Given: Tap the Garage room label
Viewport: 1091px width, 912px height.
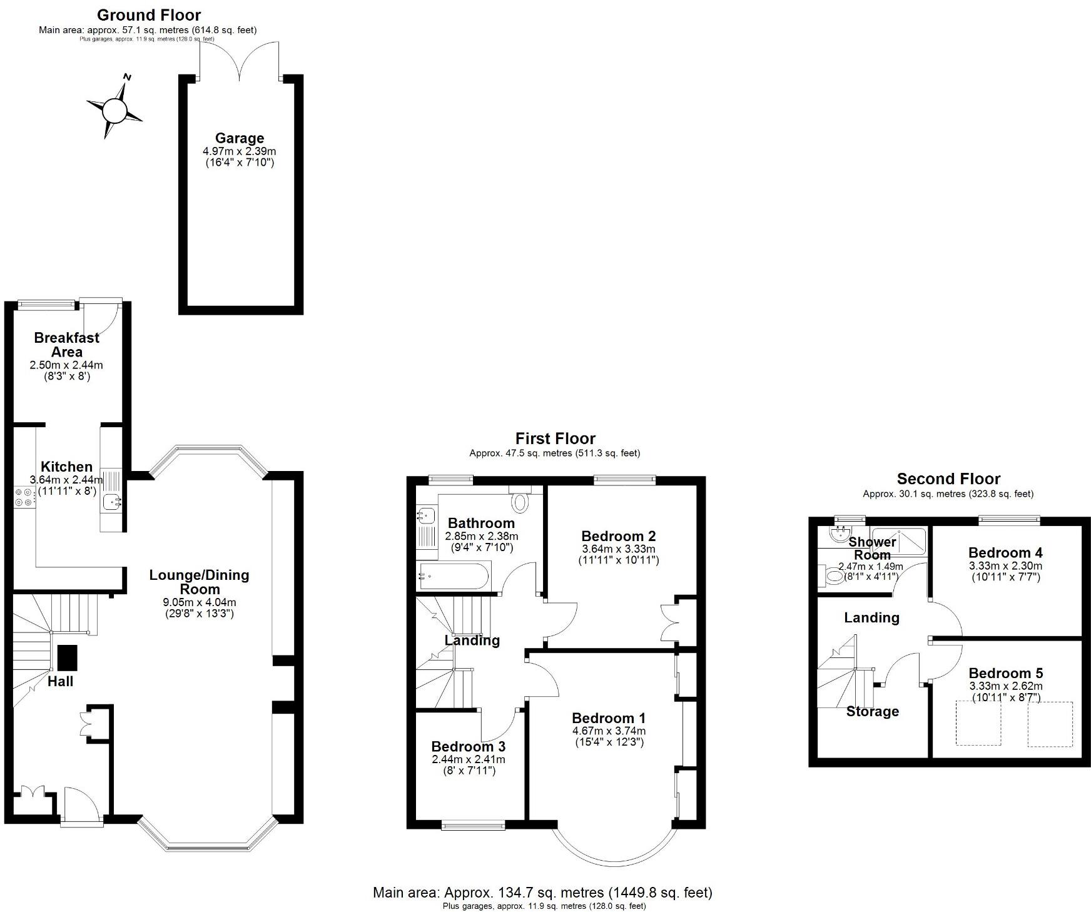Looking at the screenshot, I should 239,138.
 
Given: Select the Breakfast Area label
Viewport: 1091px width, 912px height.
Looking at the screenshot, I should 66,345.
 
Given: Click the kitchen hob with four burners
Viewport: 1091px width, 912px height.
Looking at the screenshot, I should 25,497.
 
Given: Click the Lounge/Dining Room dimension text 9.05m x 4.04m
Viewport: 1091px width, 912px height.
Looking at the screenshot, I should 199,602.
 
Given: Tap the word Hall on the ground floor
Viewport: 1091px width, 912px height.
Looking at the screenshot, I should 61,681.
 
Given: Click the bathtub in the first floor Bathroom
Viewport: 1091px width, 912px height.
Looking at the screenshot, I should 454,575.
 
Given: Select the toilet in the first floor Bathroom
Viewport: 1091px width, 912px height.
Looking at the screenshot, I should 519,501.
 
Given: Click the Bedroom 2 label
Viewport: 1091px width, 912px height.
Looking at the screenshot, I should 618,536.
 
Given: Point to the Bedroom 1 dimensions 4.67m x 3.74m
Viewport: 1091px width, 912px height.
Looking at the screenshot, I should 609,731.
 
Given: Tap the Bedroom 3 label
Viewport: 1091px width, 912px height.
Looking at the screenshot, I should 468,746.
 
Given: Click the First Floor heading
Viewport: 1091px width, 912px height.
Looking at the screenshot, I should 555,438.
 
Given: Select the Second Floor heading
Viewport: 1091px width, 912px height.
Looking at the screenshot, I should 948,479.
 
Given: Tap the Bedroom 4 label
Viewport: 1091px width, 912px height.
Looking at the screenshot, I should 1005,552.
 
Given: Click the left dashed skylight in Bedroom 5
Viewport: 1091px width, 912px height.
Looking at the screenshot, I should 978,724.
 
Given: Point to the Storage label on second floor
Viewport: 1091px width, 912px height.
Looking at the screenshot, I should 872,711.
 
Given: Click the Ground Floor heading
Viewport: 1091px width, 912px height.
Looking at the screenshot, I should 149,15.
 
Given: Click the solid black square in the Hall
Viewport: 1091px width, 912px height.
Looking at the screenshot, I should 68,657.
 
